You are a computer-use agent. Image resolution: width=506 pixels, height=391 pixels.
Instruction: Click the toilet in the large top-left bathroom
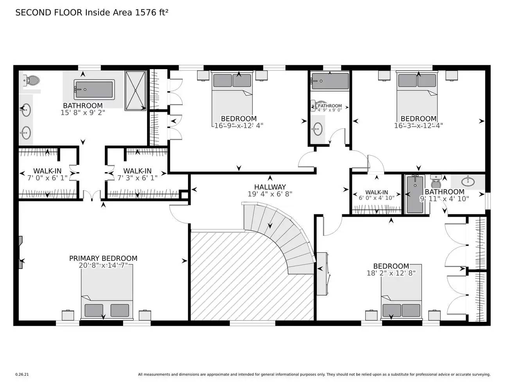point(31,81)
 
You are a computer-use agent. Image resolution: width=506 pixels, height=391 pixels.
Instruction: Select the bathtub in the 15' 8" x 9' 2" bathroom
point(94,90)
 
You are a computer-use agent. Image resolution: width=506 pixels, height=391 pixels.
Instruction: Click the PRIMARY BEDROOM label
point(103,258)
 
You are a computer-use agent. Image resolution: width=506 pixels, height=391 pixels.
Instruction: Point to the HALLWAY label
point(270,187)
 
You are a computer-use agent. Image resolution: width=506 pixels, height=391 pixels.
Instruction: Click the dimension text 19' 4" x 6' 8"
point(270,194)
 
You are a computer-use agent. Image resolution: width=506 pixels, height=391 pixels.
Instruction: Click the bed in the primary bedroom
point(107,291)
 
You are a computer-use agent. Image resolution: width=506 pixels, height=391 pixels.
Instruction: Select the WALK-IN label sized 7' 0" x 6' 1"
point(47,171)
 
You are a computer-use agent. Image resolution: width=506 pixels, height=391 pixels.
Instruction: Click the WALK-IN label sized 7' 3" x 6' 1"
point(137,171)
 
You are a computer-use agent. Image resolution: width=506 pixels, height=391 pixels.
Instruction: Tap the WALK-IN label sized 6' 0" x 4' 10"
point(377,192)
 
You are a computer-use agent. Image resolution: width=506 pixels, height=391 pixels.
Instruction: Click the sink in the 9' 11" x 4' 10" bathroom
point(467,182)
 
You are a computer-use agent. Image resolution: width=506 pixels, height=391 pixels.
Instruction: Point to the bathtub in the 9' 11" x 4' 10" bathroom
point(415,194)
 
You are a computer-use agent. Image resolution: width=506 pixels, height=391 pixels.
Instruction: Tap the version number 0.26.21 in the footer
point(22,375)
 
